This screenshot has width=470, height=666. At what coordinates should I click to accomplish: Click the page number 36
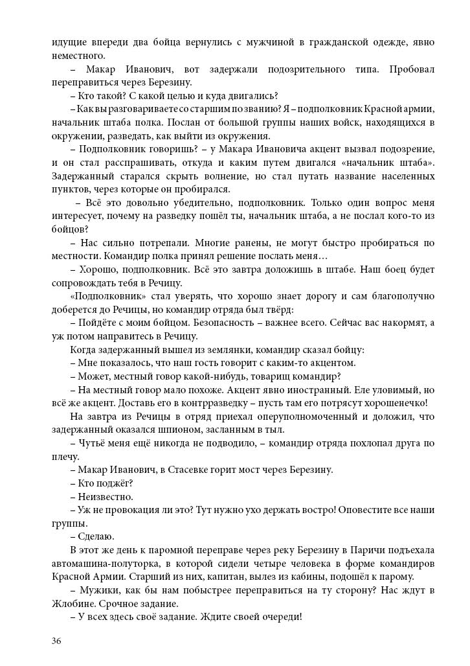[x=56, y=641]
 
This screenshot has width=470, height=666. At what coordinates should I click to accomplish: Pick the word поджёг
[x=117, y=483]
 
